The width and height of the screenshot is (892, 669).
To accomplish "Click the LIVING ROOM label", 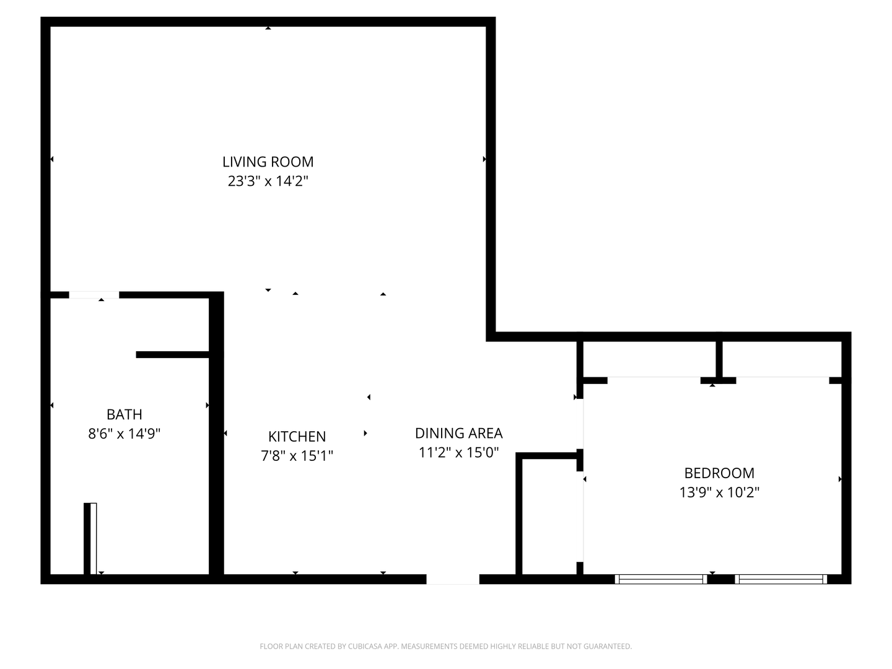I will pos(268,162).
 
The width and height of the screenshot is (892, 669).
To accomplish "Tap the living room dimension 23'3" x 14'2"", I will pos(268,181).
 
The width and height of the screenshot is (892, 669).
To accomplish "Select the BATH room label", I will pos(125,414).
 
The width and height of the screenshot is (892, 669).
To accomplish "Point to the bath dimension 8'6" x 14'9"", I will pos(125,434).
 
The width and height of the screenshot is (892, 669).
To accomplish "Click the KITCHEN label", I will pos(297,436).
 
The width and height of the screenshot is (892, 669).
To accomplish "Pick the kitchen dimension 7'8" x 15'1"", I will pos(297,456).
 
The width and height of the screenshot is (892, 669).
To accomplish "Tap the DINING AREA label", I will pos(458,433).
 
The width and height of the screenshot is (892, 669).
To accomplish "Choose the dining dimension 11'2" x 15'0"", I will pos(458,453).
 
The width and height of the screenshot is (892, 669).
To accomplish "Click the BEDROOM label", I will pos(719,473).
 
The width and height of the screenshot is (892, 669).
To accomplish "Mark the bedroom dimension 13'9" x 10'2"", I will pos(719,492).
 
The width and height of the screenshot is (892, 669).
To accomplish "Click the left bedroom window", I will pos(660,579).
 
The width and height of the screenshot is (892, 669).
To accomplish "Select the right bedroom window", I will pos(780,579).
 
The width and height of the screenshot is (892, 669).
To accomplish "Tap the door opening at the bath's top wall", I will pos(94,295).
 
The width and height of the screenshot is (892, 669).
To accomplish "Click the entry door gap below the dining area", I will pos(453,579).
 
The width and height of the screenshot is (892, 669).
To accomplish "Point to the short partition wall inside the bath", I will pos(173,354).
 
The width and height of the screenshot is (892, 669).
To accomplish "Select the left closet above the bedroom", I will pos(650,359).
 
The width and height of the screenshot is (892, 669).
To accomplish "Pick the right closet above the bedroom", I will pos(782,359).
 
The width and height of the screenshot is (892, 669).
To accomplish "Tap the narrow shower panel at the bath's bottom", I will pos(91,538).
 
